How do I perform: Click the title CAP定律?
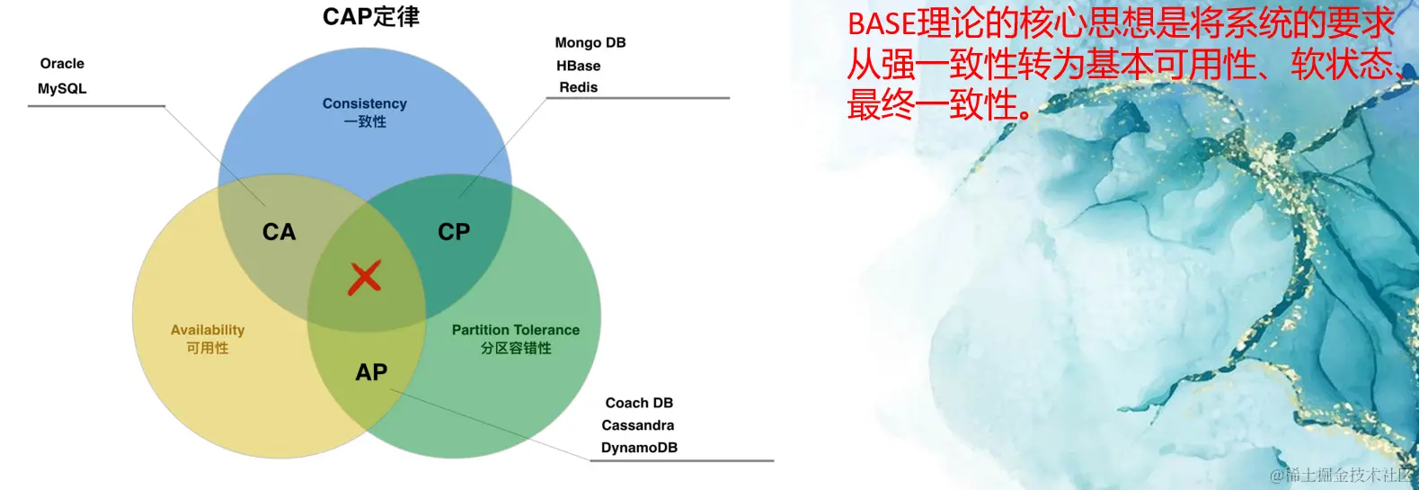point(370,17)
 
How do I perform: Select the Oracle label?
point(62,64)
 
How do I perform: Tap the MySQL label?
point(62,89)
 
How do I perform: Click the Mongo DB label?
point(590,43)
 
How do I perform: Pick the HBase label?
point(578,66)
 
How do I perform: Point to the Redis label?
point(578,87)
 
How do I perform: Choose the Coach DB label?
point(639,403)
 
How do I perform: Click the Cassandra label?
point(638,425)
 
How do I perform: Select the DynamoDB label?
point(639,448)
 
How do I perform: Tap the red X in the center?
point(365,278)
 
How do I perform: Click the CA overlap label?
point(279,232)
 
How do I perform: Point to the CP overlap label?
point(454,232)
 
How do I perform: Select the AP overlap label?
point(371,372)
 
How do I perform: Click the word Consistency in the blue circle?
point(365,104)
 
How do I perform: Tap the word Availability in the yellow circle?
point(208,330)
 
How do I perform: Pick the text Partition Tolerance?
point(516,330)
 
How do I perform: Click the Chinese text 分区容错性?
point(516,348)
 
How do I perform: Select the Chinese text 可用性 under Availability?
point(208,348)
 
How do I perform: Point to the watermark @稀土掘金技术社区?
point(1341,475)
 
